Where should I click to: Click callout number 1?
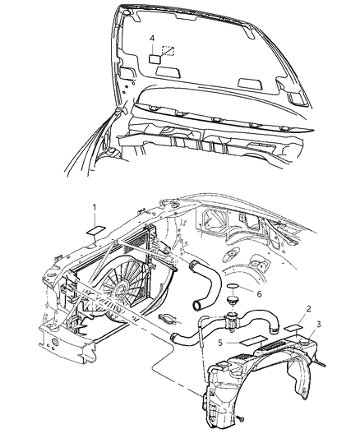95,206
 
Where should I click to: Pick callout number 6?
259,293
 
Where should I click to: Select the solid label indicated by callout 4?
156,58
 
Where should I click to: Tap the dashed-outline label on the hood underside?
169,50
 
